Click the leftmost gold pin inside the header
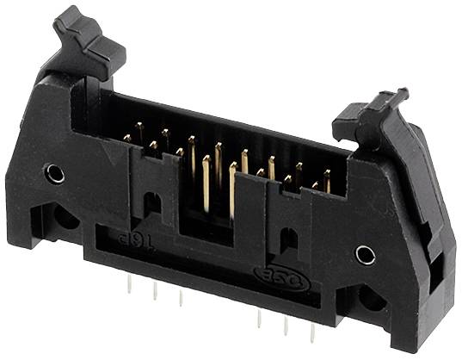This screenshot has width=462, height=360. click(x=127, y=137)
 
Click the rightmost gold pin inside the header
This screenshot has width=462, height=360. click(x=327, y=182)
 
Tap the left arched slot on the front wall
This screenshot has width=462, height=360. click(x=151, y=204)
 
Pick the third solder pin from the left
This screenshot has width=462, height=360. click(x=180, y=298)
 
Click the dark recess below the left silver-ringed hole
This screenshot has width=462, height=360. click(x=65, y=215)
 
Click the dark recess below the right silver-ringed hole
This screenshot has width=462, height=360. click(x=372, y=297)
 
